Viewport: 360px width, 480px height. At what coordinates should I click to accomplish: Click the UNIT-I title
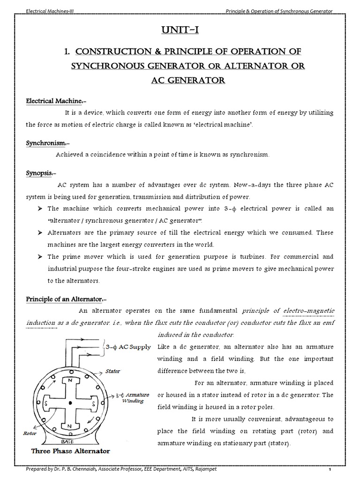pos(180,31)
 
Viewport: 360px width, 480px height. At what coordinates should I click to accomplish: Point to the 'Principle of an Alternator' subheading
pos(67,299)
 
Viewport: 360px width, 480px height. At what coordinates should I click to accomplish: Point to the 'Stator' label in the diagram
pos(113,371)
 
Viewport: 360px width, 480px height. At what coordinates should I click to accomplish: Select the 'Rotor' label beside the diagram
pos(30,434)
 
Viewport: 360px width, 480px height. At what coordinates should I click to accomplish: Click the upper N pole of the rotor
pos(70,381)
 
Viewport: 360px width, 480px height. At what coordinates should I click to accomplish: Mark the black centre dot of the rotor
pos(70,403)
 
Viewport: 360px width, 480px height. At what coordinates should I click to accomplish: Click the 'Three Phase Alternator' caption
pos(70,451)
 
